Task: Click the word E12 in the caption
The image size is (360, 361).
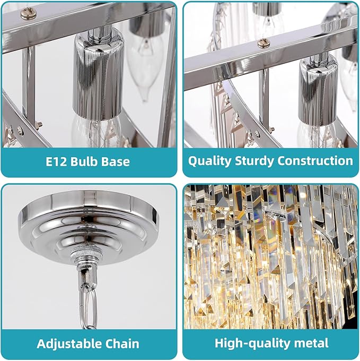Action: [x=56, y=161]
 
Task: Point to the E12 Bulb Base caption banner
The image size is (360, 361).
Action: [x=88, y=161]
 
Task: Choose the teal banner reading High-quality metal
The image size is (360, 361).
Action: [x=271, y=343]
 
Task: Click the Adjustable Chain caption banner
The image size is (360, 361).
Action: [x=88, y=343]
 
